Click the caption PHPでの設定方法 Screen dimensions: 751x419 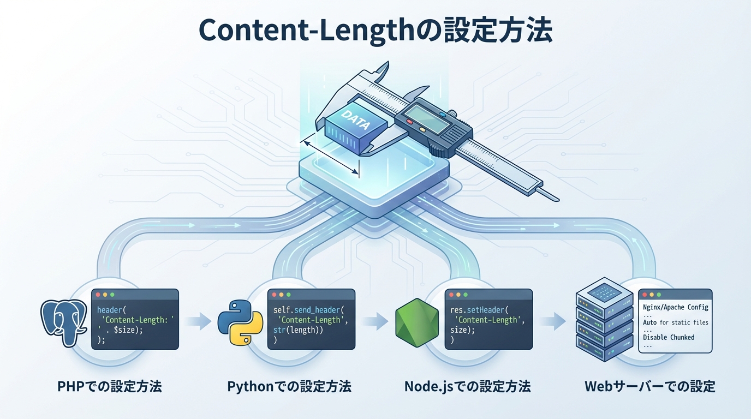click(109, 387)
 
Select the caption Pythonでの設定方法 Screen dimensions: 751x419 click(289, 387)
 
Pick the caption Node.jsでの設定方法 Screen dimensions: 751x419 click(467, 387)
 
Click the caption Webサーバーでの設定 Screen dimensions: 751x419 click(649, 387)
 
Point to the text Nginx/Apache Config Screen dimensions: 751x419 click(675, 307)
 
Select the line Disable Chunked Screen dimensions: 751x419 click(669, 337)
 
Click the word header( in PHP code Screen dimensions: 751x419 click(111, 310)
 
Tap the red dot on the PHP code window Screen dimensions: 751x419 click(98, 294)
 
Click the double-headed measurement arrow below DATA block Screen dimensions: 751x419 click(331, 158)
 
